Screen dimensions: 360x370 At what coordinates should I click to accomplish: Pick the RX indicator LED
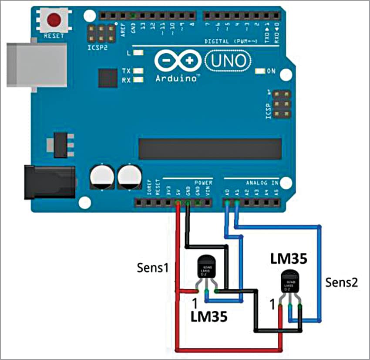click(139, 80)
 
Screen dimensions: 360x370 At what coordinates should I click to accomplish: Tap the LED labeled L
click(139, 53)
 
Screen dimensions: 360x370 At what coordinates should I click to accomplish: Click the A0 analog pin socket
click(227, 203)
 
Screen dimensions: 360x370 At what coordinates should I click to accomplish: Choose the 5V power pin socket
click(178, 203)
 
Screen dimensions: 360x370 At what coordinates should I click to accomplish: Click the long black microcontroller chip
click(210, 149)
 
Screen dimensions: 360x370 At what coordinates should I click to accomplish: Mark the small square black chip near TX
click(108, 78)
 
